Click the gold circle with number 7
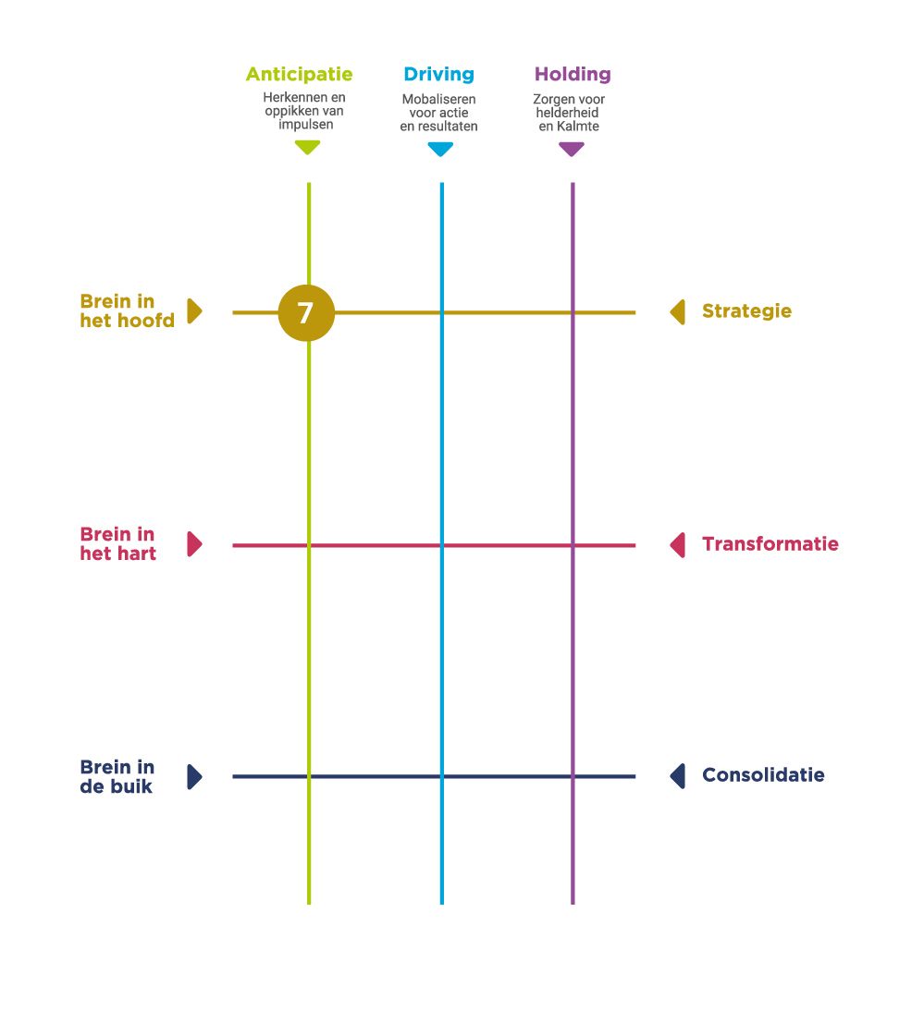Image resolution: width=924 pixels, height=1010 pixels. tap(306, 313)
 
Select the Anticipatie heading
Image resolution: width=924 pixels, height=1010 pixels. tap(299, 74)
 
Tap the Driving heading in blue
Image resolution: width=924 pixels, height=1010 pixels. tap(438, 74)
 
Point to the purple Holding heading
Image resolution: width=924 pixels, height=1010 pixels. tap(573, 74)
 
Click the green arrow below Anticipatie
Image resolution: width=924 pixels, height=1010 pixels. tap(307, 147)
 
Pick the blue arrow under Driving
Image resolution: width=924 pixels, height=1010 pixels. tap(440, 149)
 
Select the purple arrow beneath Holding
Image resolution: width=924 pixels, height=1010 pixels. tap(572, 149)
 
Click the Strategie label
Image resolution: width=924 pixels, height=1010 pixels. tap(746, 311)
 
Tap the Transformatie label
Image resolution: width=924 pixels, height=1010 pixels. tap(770, 544)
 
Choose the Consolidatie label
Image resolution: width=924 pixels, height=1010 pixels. tap(763, 775)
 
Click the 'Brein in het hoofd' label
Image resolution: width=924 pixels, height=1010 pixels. tap(127, 311)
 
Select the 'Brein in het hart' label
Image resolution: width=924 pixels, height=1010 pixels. tap(118, 544)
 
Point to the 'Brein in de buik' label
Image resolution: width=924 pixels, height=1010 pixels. tap(117, 776)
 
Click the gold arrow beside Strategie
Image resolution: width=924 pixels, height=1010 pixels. tap(678, 311)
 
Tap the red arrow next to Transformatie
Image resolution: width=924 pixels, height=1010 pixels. tap(678, 544)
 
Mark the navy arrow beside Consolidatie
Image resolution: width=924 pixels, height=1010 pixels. tap(678, 776)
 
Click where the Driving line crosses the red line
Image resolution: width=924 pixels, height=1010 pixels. tap(441, 545)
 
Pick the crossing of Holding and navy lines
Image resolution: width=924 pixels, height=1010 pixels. tap(573, 776)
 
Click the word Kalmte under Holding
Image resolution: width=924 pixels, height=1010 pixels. tap(578, 126)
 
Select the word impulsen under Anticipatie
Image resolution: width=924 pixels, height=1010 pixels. tap(305, 124)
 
